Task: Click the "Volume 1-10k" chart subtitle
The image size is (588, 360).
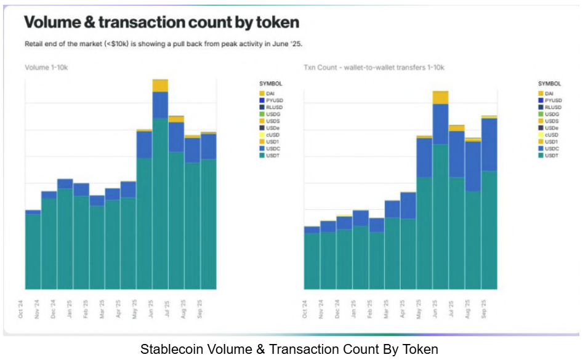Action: click(46, 66)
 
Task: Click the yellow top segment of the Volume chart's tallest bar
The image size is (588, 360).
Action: click(160, 86)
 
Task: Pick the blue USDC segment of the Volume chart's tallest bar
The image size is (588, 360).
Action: click(160, 105)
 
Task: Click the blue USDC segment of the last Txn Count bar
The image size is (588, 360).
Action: click(489, 144)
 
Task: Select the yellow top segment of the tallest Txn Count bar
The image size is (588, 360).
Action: click(440, 97)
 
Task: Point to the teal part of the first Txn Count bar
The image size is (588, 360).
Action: click(312, 261)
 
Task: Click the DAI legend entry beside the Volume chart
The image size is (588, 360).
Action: click(271, 94)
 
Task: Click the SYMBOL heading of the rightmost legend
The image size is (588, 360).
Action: click(549, 83)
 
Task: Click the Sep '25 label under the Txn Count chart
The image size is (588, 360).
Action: click(485, 308)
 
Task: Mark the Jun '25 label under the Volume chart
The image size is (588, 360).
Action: click(150, 308)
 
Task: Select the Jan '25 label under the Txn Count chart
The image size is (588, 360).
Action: click(353, 308)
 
